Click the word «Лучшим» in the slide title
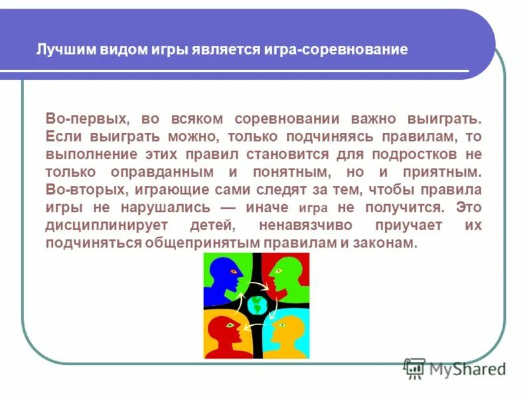[x=60, y=50]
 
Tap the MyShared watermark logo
[x=455, y=367]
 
